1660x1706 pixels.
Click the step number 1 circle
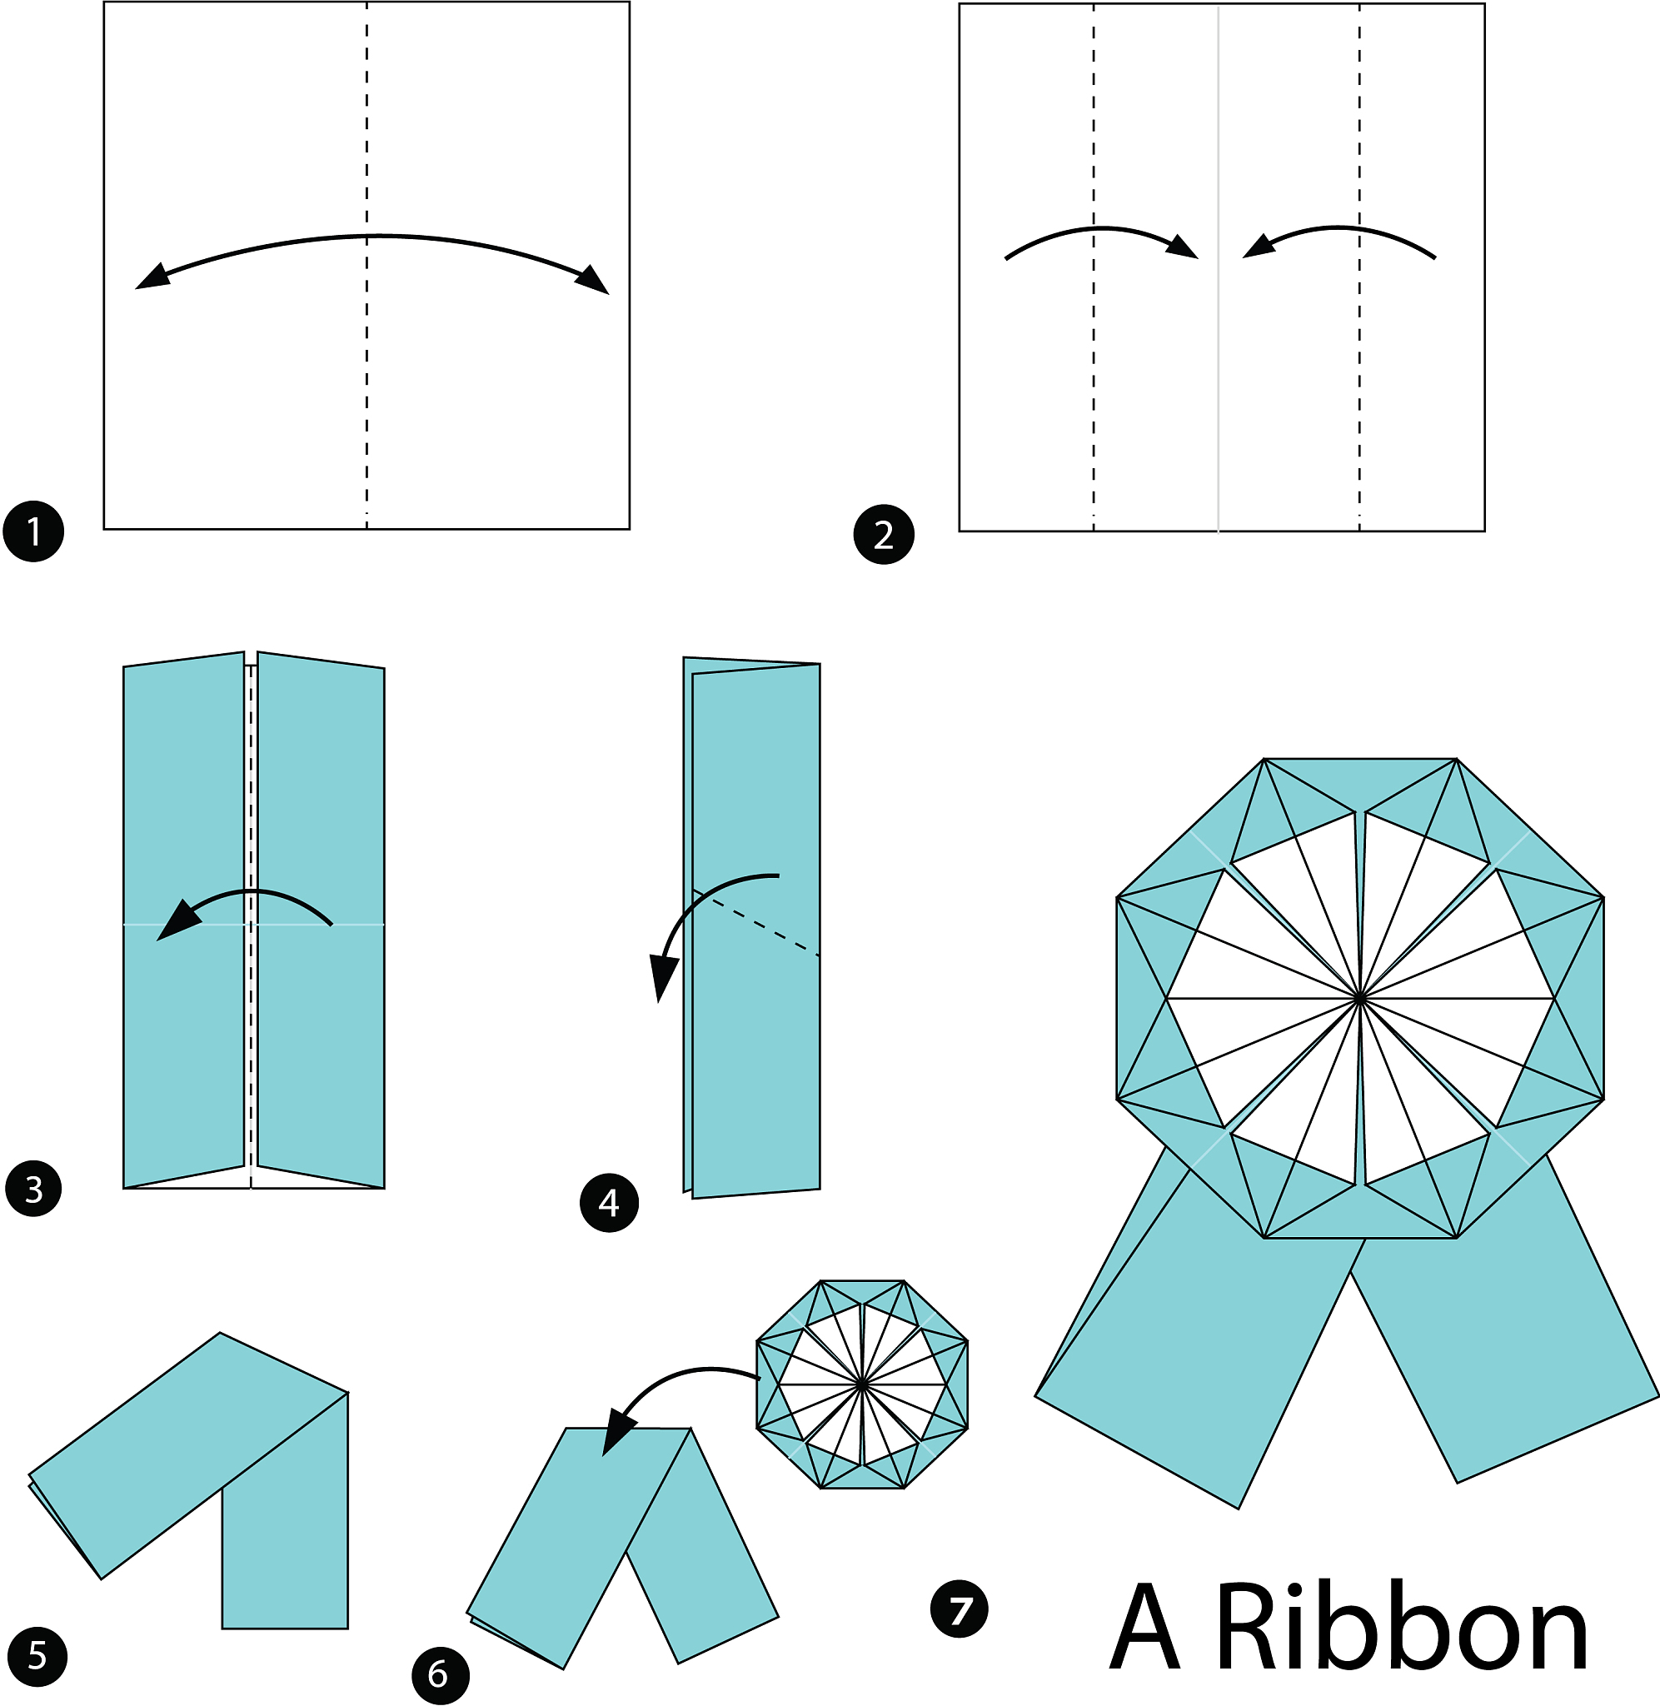[34, 531]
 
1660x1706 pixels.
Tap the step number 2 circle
[883, 535]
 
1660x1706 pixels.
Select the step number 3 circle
[34, 1188]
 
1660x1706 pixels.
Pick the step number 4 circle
[609, 1203]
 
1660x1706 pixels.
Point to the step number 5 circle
[36, 1656]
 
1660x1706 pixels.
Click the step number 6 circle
[440, 1674]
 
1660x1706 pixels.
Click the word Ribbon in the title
[1402, 1627]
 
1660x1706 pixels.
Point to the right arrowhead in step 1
[593, 280]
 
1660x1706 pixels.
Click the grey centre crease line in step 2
[1218, 267]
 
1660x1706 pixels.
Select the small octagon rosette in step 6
[861, 1384]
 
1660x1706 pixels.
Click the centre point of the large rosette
[1360, 998]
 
